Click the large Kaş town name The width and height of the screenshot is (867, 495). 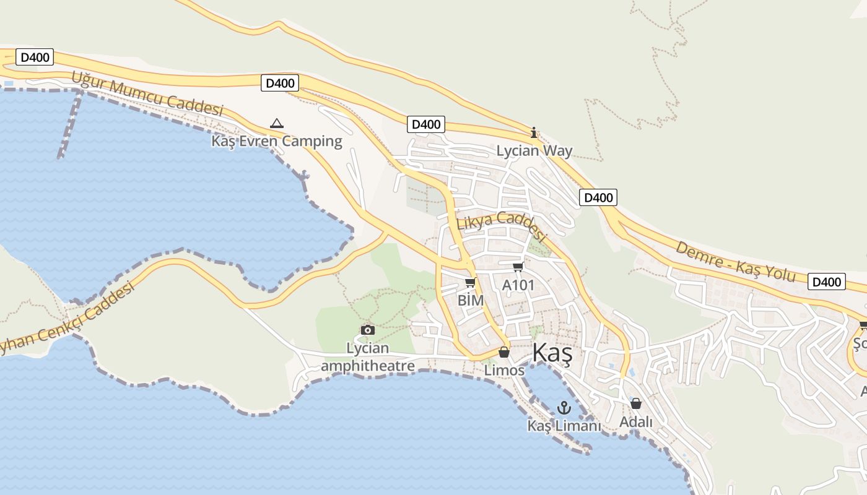tap(552, 353)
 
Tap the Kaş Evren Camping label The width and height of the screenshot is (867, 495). tap(277, 141)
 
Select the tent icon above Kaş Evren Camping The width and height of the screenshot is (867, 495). tap(277, 123)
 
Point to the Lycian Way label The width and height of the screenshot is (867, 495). tap(534, 151)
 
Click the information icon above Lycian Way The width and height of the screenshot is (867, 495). tap(534, 132)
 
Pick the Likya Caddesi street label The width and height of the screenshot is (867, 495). tap(502, 226)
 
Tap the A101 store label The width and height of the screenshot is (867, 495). tap(518, 285)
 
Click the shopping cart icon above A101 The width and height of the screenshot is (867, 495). tap(518, 267)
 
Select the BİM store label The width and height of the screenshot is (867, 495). tap(470, 300)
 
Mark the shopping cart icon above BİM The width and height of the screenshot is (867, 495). tap(470, 283)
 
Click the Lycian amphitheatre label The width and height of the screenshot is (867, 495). tap(368, 357)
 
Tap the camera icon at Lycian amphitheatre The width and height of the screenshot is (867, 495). tap(368, 330)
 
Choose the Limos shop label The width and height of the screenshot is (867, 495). tap(504, 371)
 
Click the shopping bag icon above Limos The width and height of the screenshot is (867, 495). tap(504, 352)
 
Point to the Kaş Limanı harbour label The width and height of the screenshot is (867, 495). tap(564, 426)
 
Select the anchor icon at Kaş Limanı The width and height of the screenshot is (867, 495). tap(564, 408)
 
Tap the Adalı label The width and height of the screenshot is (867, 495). tap(636, 422)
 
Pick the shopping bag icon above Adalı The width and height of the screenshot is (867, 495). tap(636, 404)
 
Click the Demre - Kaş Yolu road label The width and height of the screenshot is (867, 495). tap(735, 261)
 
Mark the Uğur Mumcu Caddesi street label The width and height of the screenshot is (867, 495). tap(147, 94)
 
